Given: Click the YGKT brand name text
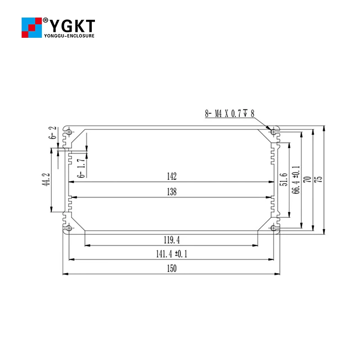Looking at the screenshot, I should [x=72, y=24].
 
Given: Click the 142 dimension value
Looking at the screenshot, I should [x=171, y=176].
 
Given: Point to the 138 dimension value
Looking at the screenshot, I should [x=171, y=192].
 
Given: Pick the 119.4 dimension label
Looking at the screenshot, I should [x=171, y=239].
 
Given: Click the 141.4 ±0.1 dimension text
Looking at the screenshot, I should [x=171, y=254].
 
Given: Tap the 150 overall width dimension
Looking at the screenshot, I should [x=171, y=269].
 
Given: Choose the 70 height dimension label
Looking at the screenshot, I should [x=307, y=179].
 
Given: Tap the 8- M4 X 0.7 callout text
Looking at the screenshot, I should [x=229, y=114].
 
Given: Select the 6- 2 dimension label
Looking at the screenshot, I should [x=54, y=134].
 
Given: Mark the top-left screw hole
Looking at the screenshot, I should [x=70, y=131].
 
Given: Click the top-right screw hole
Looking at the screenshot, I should [x=273, y=131].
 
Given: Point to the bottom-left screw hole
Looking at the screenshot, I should [x=70, y=228].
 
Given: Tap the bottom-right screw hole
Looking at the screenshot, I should [x=273, y=228].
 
